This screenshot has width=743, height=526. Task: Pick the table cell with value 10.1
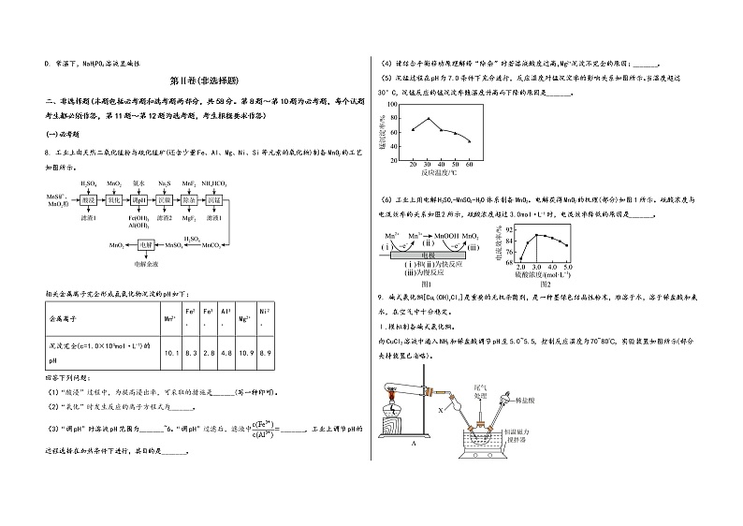click(x=171, y=352)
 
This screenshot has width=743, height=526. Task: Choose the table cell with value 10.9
click(x=245, y=352)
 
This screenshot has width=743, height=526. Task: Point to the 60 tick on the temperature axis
click(x=470, y=164)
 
